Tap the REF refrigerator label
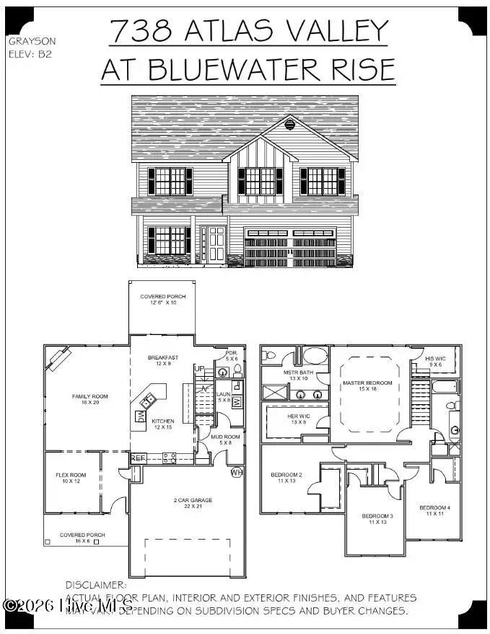138,457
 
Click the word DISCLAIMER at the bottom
96,585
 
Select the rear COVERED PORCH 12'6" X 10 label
162,300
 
